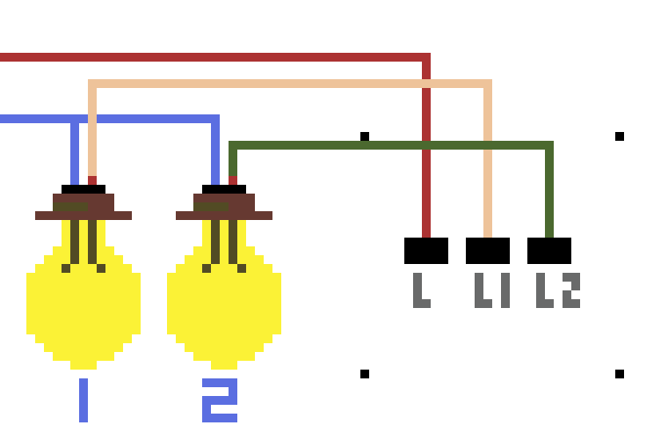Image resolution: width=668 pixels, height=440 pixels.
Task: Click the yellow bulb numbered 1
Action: click(x=83, y=304)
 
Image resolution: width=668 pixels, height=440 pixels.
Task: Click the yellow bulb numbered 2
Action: click(x=224, y=304)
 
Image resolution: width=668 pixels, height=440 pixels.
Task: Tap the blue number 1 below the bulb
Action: click(x=83, y=400)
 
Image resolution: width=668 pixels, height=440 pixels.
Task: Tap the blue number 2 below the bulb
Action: click(x=220, y=400)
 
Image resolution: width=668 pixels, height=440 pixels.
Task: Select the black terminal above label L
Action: click(x=426, y=251)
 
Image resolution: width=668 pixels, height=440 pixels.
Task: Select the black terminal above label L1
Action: click(x=488, y=251)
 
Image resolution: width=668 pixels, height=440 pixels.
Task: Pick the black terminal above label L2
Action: click(x=549, y=251)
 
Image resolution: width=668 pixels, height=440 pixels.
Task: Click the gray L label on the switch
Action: click(x=422, y=290)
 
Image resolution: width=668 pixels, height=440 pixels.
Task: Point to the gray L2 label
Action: click(x=558, y=290)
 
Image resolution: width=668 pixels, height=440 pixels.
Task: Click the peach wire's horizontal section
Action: click(x=290, y=84)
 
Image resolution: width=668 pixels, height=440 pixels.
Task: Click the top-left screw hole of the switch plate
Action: click(x=365, y=136)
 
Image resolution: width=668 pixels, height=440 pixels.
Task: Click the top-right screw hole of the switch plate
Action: click(x=620, y=136)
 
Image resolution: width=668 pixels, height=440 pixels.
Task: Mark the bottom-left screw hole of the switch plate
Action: click(x=365, y=374)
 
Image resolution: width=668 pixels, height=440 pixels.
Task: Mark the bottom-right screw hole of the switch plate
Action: click(x=620, y=374)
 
